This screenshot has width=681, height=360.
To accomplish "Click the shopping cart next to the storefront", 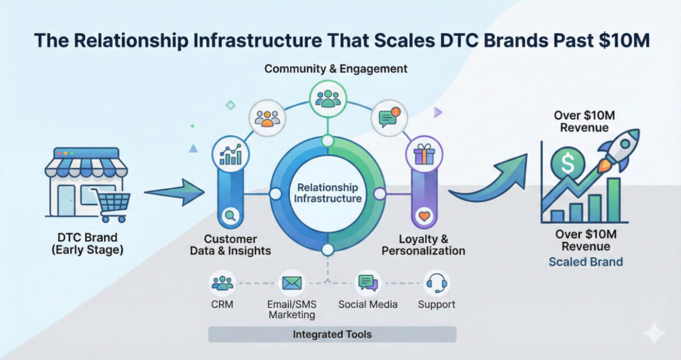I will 112,205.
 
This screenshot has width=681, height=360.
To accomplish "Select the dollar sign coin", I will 568,163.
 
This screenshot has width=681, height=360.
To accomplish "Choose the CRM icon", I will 222,283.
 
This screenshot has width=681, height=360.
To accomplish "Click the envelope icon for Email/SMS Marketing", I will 291,283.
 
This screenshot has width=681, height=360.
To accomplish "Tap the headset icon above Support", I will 436,283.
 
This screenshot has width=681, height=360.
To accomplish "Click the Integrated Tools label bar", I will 332,334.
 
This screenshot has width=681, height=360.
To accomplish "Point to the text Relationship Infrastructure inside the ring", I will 328,193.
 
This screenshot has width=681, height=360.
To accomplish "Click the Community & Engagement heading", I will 336,69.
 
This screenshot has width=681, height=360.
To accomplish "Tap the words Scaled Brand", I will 585,262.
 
